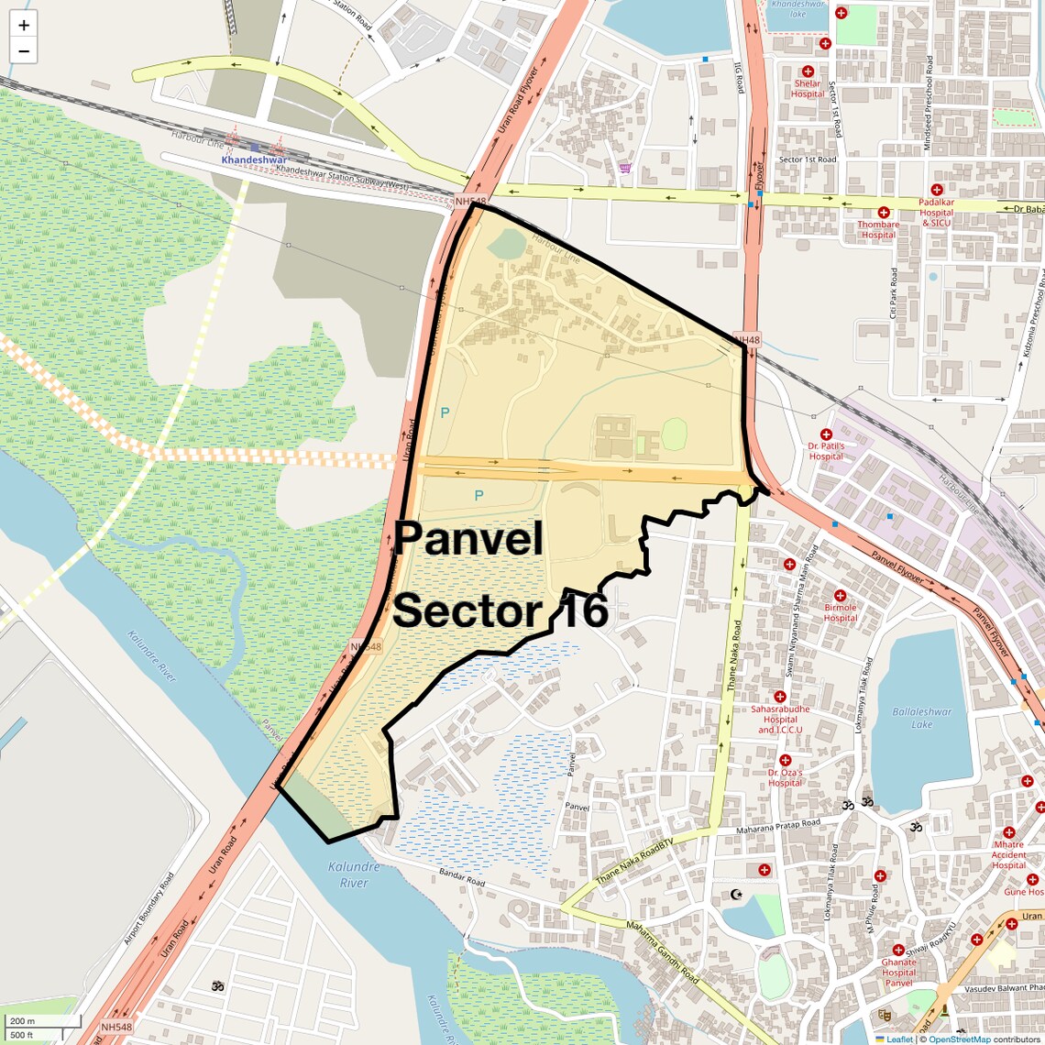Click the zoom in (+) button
(24, 26)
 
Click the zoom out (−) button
(24, 51)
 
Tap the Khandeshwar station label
(254, 159)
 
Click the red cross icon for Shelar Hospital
(808, 71)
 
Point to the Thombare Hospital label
(878, 229)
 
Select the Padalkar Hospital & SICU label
(937, 213)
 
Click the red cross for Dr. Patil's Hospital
(826, 434)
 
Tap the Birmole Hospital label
(840, 612)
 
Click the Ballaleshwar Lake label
(921, 718)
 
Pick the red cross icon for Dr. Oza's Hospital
(785, 761)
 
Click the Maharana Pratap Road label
(778, 826)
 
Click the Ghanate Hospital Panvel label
(898, 973)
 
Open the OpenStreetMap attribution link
(959, 1039)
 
